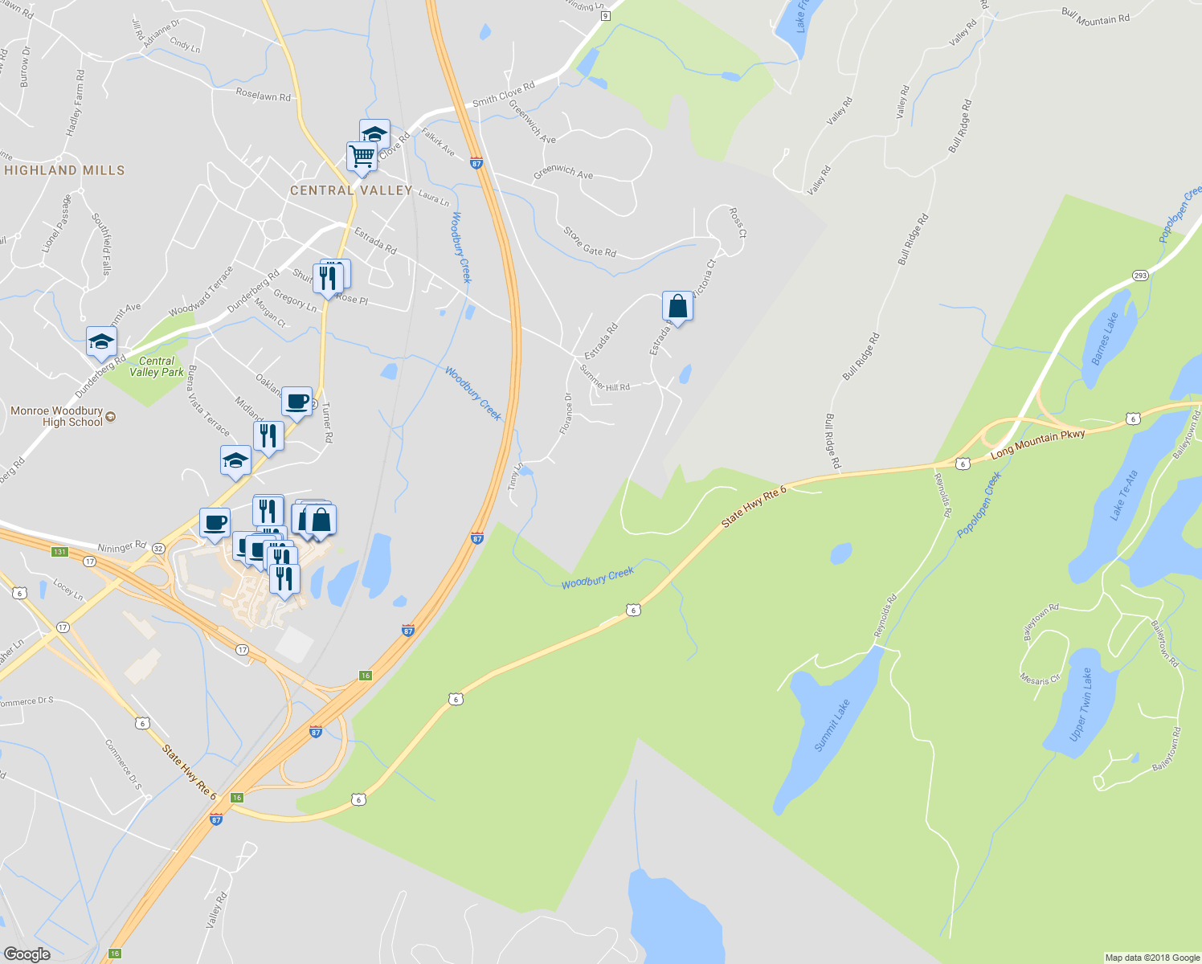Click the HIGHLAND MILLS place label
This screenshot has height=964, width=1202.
click(64, 170)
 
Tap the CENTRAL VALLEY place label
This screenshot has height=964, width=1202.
click(351, 190)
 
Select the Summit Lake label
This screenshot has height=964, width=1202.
click(832, 725)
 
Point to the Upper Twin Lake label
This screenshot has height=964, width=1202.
click(1081, 705)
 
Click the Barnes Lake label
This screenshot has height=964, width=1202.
click(1105, 338)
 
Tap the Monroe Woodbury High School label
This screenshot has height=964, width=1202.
click(57, 416)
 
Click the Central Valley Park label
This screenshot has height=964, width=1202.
click(156, 366)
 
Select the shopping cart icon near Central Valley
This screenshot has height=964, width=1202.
click(362, 157)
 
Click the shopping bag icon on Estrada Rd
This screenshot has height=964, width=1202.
click(677, 306)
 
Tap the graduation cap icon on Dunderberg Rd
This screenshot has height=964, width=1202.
click(102, 341)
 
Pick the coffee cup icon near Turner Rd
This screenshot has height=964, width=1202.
click(297, 401)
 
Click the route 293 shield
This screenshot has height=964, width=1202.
click(1140, 276)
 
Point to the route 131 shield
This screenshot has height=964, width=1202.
click(59, 552)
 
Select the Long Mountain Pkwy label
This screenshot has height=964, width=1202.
click(1038, 443)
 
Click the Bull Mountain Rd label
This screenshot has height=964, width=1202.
click(1095, 17)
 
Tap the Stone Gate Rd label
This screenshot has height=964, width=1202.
click(590, 242)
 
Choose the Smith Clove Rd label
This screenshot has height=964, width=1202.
click(504, 95)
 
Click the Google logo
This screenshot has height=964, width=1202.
click(27, 954)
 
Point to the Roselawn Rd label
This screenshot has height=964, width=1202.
click(263, 95)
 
